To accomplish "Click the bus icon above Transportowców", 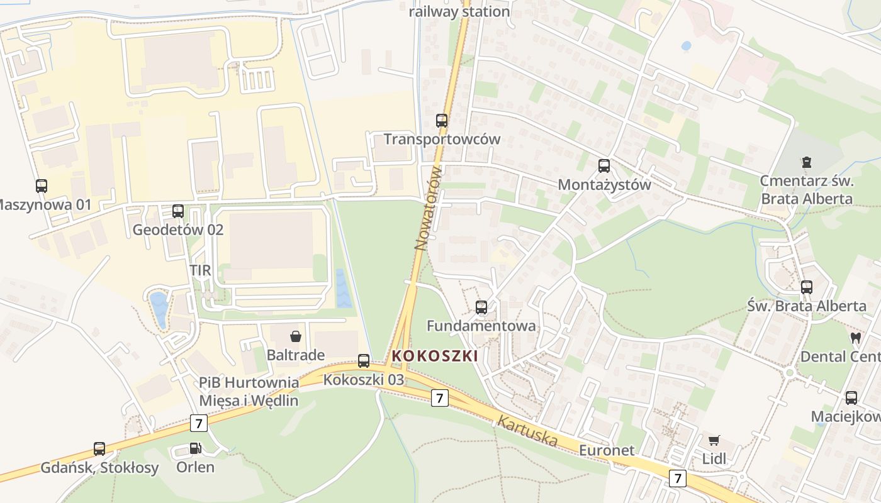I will pyautogui.click(x=442, y=121).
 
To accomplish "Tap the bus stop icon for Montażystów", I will pyautogui.click(x=604, y=166).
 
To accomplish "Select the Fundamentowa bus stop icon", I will pyautogui.click(x=481, y=307).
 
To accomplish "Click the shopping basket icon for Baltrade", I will pyautogui.click(x=295, y=337).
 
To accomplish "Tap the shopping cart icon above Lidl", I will pyautogui.click(x=714, y=441).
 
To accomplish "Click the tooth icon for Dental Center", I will pyautogui.click(x=855, y=338).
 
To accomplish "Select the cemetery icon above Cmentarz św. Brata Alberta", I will pyautogui.click(x=806, y=162).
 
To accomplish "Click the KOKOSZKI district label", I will pyautogui.click(x=435, y=357).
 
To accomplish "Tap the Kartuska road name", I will pyautogui.click(x=527, y=431).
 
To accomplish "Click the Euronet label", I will pyautogui.click(x=607, y=450).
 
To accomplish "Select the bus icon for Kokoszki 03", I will pyautogui.click(x=364, y=361).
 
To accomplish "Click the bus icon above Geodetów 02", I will pyautogui.click(x=178, y=211).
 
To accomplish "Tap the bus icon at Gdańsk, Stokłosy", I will pyautogui.click(x=99, y=449).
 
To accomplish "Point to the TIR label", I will pyautogui.click(x=200, y=270).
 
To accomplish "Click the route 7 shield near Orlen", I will pyautogui.click(x=199, y=423).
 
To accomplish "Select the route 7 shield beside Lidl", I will pyautogui.click(x=677, y=478).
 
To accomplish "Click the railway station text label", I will pyautogui.click(x=459, y=11).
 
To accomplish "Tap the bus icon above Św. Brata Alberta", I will pyautogui.click(x=807, y=287).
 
